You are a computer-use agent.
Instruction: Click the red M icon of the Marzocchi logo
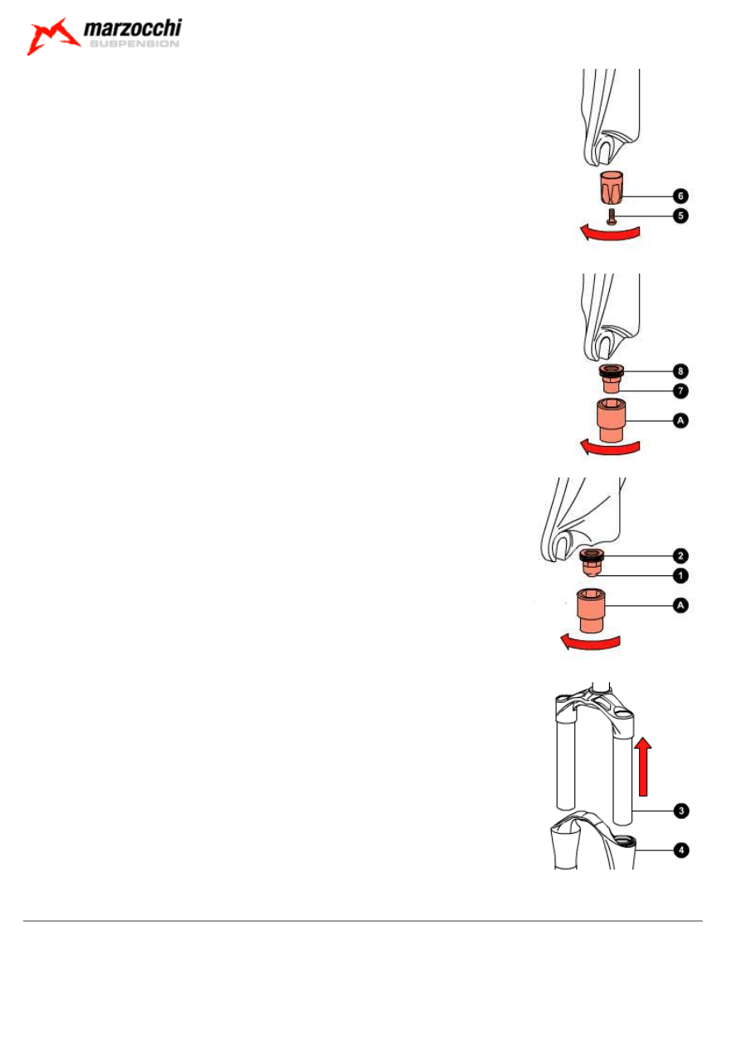(x=52, y=37)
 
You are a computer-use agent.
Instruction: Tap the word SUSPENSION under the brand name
(x=133, y=46)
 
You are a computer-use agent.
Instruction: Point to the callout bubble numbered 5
(x=680, y=215)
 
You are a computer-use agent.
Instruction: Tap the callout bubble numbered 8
(x=680, y=370)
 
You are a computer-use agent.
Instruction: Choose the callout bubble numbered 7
(x=680, y=389)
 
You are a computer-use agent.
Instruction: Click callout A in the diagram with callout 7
(x=680, y=421)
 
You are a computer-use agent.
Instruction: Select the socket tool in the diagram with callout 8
(x=608, y=420)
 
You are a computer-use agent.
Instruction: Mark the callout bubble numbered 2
(x=680, y=555)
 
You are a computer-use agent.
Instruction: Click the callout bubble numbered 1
(x=680, y=574)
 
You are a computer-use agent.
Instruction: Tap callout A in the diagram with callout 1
(x=680, y=606)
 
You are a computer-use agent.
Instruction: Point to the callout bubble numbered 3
(x=680, y=809)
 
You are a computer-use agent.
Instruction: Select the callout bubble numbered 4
(x=680, y=850)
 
